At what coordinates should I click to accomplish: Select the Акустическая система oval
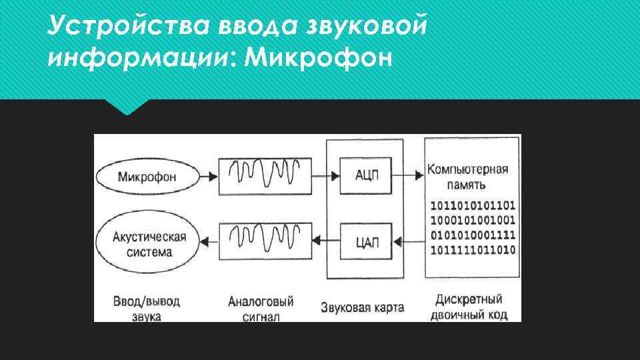point(147,243)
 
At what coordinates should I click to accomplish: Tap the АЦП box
point(367,175)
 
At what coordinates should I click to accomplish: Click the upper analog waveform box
point(265,175)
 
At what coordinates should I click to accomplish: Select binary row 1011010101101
point(473,205)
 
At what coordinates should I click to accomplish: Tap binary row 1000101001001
point(473,219)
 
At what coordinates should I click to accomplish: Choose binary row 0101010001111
point(473,235)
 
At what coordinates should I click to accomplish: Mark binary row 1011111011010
point(473,250)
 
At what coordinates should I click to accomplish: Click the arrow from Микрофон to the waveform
point(208,176)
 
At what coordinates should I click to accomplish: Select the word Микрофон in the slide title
point(319,59)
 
